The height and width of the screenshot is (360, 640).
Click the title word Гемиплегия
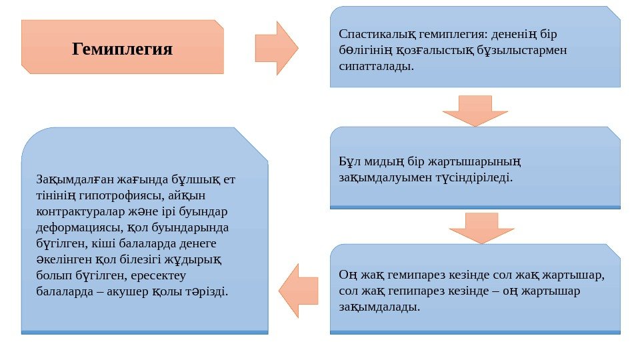pyautogui.click(x=122, y=49)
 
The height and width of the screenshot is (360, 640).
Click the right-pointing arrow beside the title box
pyautogui.click(x=276, y=48)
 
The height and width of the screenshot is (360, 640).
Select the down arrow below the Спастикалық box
pyautogui.click(x=475, y=109)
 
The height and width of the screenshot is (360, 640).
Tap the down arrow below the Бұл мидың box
pyautogui.click(x=482, y=228)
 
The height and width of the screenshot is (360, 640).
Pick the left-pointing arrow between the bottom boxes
pyautogui.click(x=299, y=291)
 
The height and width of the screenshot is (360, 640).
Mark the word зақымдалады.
pyautogui.click(x=379, y=307)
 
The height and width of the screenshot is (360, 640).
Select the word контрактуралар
pyautogui.click(x=78, y=211)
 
